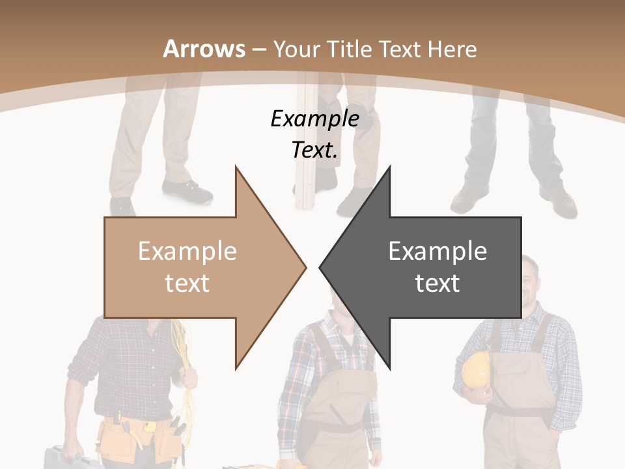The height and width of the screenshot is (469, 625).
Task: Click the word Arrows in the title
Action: pyautogui.click(x=204, y=49)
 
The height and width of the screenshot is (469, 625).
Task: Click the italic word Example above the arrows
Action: pyautogui.click(x=314, y=119)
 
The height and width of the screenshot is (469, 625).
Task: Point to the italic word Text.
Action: pyautogui.click(x=314, y=150)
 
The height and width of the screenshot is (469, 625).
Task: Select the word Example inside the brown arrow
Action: pyautogui.click(x=187, y=251)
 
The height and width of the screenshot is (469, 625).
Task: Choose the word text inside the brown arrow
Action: pyautogui.click(x=187, y=283)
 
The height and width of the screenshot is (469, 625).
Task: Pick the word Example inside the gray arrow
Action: pyautogui.click(x=437, y=251)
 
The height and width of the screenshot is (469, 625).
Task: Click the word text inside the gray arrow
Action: pyautogui.click(x=437, y=283)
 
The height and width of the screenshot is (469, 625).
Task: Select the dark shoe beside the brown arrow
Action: pyautogui.click(x=186, y=191)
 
